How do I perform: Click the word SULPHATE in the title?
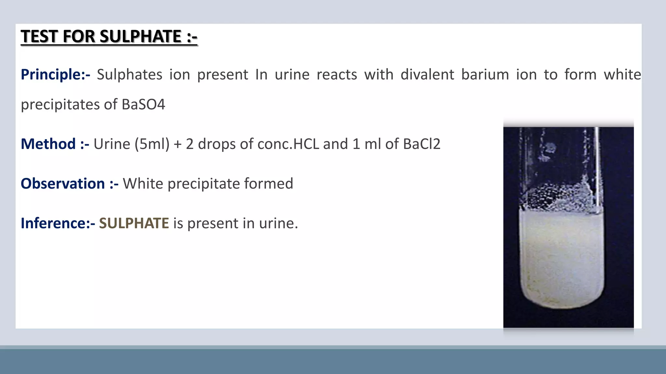(x=140, y=36)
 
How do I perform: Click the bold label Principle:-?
(x=55, y=75)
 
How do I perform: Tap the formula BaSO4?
(x=143, y=105)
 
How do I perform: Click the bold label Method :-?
(x=55, y=144)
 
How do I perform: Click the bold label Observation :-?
(x=69, y=184)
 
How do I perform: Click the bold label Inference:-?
(x=58, y=223)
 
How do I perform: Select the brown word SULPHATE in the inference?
(x=134, y=223)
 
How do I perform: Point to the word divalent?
(x=427, y=75)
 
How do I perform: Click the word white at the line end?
(x=622, y=75)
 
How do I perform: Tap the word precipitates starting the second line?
(x=60, y=105)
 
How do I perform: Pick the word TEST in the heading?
(x=39, y=36)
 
